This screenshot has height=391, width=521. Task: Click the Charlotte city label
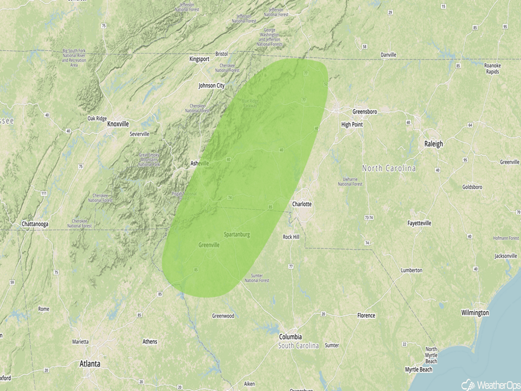click(x=302, y=204)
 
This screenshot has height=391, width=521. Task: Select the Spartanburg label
click(x=237, y=235)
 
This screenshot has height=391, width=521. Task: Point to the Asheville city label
click(x=200, y=163)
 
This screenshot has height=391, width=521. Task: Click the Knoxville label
click(x=118, y=124)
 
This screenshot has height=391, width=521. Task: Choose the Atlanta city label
click(x=89, y=364)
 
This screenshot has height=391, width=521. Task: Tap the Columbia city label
click(x=290, y=337)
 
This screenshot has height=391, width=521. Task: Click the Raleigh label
click(x=433, y=144)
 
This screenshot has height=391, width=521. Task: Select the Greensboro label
click(x=365, y=111)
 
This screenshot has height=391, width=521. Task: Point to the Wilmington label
click(x=475, y=313)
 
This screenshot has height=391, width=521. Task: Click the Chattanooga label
click(x=36, y=224)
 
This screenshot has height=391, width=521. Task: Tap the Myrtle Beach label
click(x=418, y=369)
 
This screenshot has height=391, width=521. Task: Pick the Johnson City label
click(x=212, y=86)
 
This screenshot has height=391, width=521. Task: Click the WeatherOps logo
click(x=491, y=384)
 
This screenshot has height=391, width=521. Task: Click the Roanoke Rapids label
click(x=493, y=68)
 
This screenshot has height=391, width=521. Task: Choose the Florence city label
click(x=366, y=316)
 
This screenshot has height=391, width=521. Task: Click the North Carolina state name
click(x=389, y=168)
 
